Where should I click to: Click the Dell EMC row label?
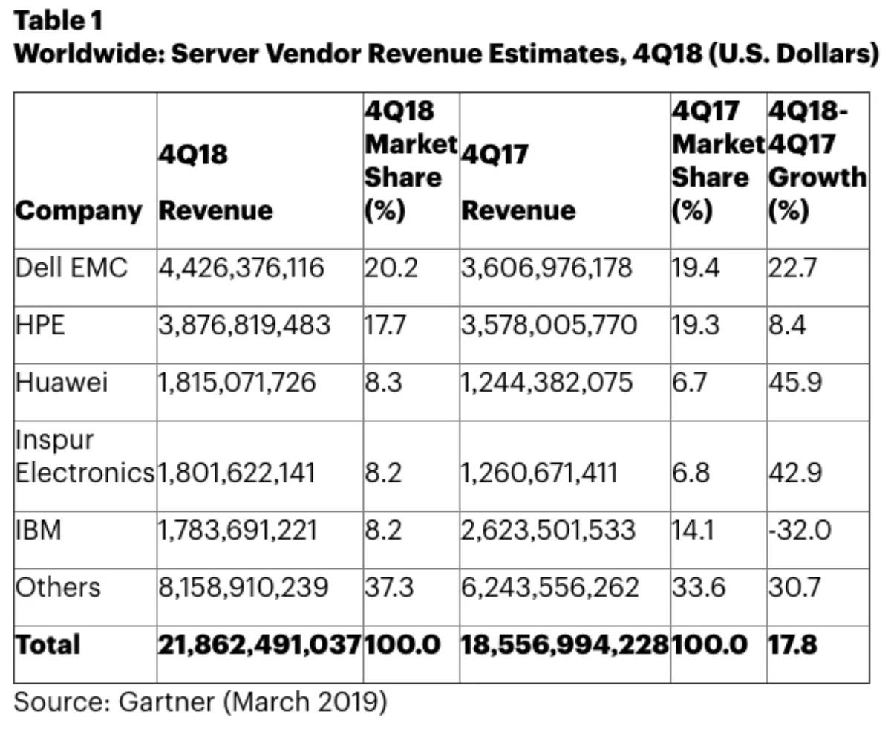click(x=71, y=268)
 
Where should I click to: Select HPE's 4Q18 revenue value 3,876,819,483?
click(x=244, y=325)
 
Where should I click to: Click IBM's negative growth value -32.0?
click(x=799, y=531)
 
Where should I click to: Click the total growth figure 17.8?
click(x=793, y=644)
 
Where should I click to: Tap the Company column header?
click(x=79, y=211)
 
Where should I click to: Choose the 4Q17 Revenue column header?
click(x=518, y=183)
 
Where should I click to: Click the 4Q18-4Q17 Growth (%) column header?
click(x=817, y=163)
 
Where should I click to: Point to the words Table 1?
click(x=59, y=22)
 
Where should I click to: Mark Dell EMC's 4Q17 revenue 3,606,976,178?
click(x=547, y=268)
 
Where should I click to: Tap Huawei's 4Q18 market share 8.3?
click(x=383, y=383)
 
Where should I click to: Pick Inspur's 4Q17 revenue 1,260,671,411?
click(x=539, y=473)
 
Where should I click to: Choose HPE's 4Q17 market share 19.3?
click(x=696, y=325)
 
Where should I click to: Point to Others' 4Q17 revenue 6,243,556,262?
click(x=550, y=588)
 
